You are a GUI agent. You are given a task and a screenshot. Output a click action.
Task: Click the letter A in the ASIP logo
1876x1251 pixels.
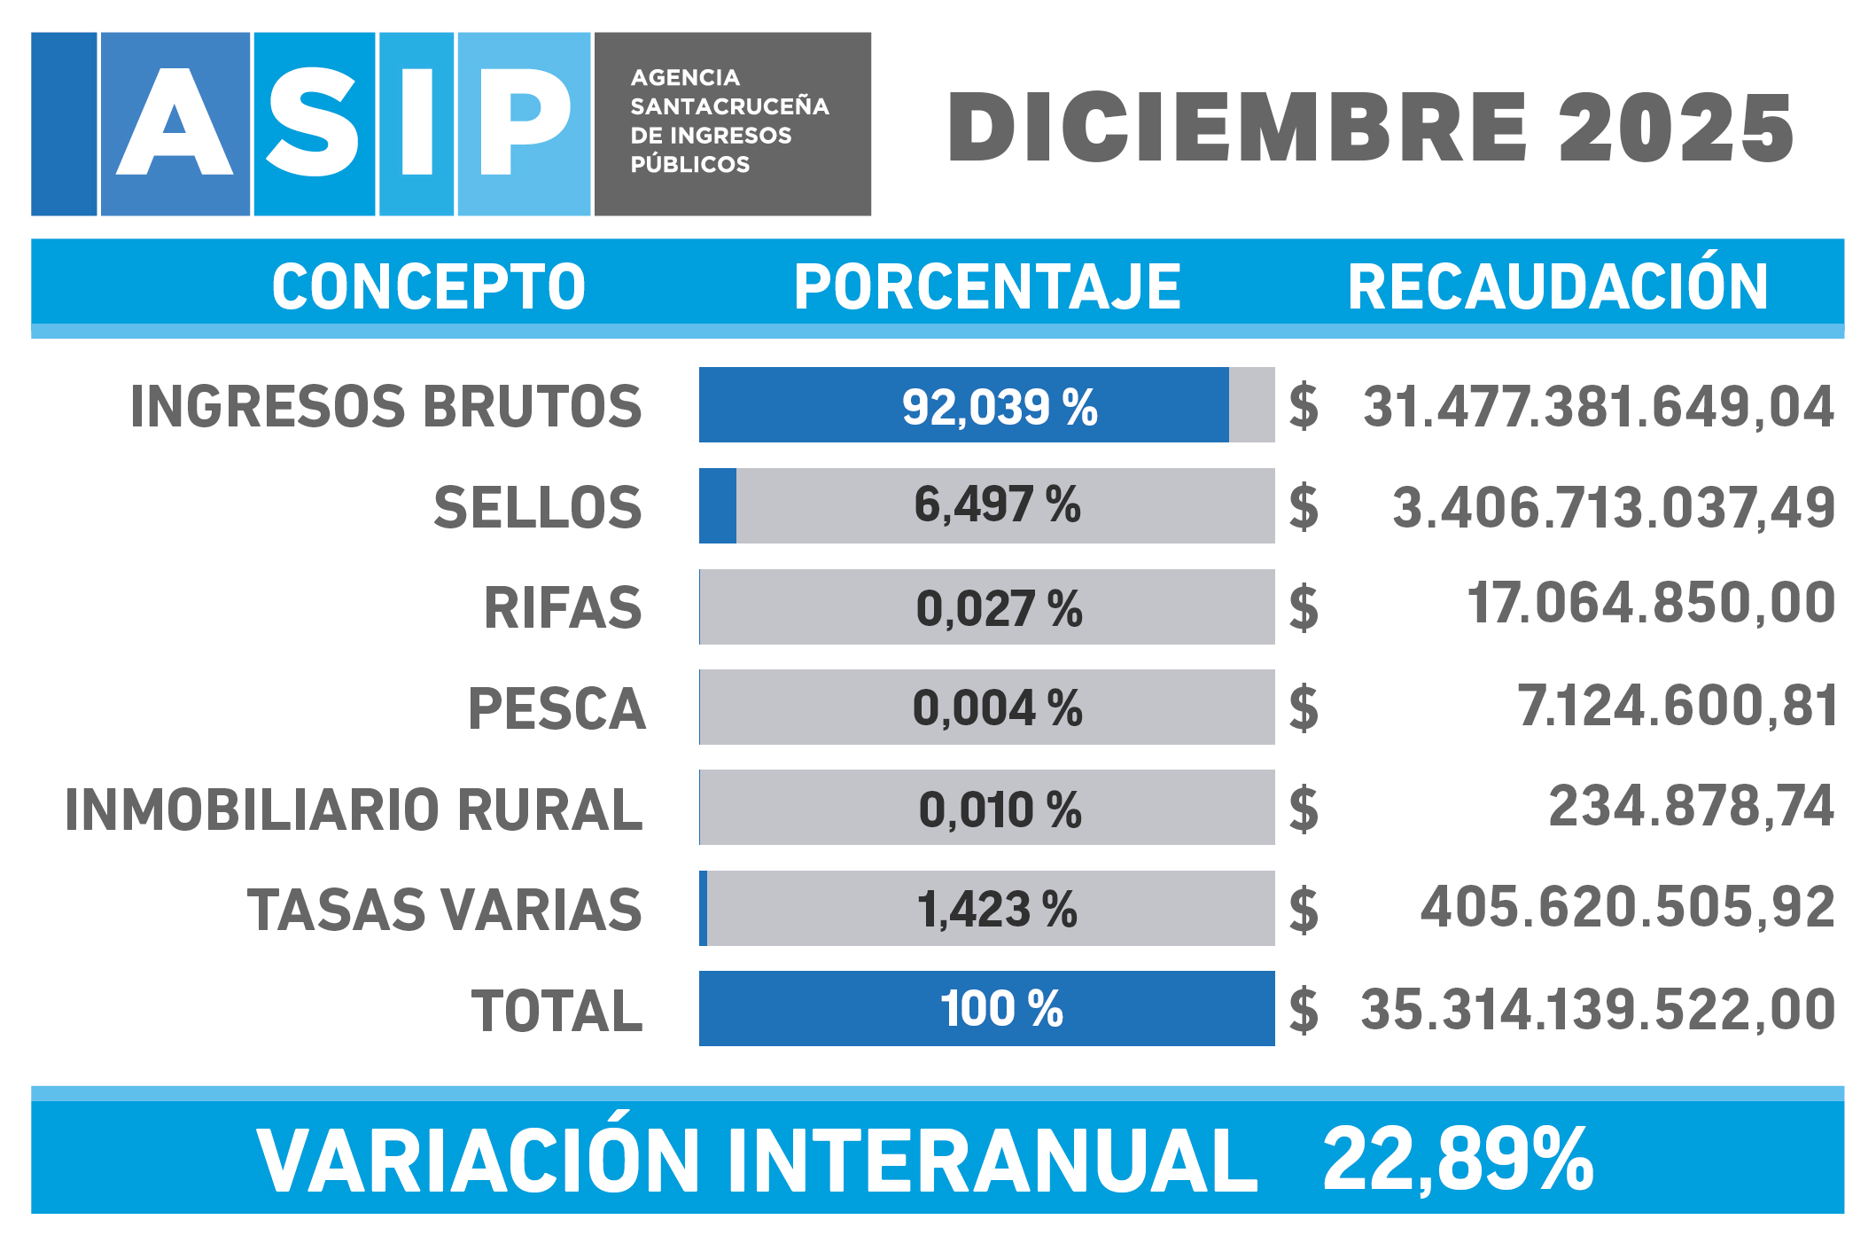(x=175, y=124)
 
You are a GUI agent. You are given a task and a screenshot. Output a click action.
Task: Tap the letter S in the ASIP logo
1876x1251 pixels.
(x=314, y=124)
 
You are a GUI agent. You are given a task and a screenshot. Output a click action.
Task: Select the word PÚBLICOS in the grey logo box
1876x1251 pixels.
(x=689, y=165)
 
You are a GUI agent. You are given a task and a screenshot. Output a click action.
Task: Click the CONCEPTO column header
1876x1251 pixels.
(x=428, y=286)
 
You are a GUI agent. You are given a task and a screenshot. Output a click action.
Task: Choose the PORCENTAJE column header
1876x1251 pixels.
(x=987, y=286)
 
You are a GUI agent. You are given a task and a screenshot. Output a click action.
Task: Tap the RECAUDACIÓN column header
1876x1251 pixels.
(x=1558, y=286)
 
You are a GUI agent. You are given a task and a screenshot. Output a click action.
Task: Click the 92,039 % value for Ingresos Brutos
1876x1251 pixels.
(x=999, y=408)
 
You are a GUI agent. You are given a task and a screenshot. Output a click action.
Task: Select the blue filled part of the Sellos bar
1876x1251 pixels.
(x=718, y=506)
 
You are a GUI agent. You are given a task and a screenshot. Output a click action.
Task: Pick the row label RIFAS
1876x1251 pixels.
(x=563, y=608)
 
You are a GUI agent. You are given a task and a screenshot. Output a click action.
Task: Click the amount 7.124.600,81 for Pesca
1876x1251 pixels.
(x=1677, y=707)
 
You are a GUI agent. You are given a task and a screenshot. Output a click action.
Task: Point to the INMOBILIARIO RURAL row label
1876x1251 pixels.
(x=354, y=809)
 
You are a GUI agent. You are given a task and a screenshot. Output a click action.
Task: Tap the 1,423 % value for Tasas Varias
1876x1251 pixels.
(x=997, y=910)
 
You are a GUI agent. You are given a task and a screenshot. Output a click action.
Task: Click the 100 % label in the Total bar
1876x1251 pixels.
(x=1001, y=1009)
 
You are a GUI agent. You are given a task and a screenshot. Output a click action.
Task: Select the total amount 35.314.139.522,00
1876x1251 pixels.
(x=1597, y=1010)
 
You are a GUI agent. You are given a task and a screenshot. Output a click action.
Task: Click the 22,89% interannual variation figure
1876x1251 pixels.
(x=1458, y=1160)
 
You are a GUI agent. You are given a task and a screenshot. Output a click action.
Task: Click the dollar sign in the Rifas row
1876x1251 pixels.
(x=1304, y=609)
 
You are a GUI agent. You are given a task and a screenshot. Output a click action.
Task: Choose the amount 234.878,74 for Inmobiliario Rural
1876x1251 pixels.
(x=1691, y=807)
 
